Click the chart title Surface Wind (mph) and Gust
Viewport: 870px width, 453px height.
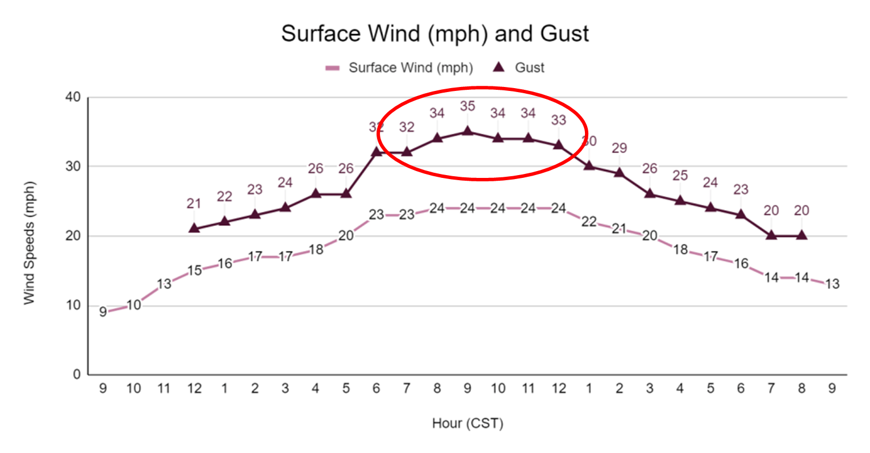[x=435, y=34]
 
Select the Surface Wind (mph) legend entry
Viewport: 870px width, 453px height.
[x=410, y=68]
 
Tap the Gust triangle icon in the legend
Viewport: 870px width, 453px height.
[x=499, y=67]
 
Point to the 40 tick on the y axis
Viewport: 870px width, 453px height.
[x=73, y=97]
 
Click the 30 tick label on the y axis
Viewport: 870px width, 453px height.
[x=73, y=167]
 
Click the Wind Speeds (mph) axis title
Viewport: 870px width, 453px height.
[x=30, y=243]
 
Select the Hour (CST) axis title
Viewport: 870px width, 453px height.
[x=467, y=423]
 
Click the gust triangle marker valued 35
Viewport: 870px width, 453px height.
[x=467, y=131]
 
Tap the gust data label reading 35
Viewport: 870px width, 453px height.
[x=467, y=106]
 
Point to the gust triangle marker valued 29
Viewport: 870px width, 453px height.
[x=619, y=172]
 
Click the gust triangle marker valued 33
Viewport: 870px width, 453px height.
[x=559, y=144]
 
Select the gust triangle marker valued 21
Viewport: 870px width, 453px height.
[x=194, y=228]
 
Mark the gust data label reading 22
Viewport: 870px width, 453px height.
[x=224, y=197]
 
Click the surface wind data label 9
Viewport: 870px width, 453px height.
[x=103, y=312]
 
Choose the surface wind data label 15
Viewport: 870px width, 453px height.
[x=194, y=271]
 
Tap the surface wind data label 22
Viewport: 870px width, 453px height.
[x=589, y=222]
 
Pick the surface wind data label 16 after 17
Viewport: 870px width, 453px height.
[x=741, y=263]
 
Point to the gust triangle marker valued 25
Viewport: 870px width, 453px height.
[x=680, y=200]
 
